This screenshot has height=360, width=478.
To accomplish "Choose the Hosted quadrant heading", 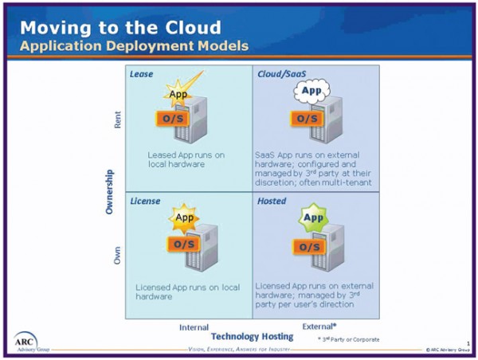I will click(x=272, y=201).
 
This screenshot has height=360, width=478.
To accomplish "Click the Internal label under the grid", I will click(x=194, y=327).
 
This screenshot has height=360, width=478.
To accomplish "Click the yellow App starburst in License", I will click(x=184, y=217).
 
